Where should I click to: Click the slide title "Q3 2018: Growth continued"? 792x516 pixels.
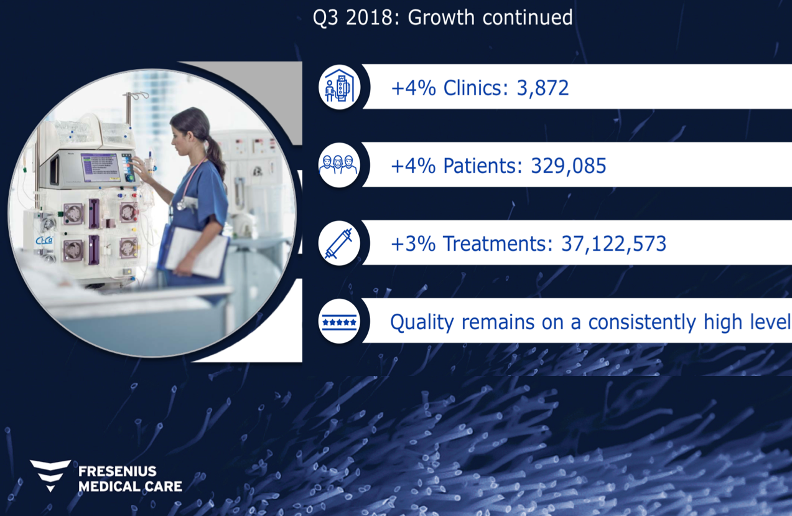click(442, 17)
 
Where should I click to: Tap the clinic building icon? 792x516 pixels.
click(339, 87)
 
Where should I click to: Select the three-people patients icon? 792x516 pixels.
click(338, 165)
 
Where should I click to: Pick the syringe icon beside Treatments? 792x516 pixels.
click(338, 243)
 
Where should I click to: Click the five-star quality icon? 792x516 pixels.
click(339, 322)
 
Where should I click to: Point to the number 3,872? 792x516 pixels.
click(543, 88)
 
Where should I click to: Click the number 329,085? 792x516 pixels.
click(569, 166)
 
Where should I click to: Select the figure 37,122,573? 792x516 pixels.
click(614, 243)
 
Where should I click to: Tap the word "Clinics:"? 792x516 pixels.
click(475, 88)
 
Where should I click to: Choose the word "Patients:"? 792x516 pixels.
click(483, 166)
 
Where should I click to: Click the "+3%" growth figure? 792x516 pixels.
click(413, 243)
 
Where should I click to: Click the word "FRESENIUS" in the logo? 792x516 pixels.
click(118, 471)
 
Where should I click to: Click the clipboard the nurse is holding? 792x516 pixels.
click(197, 251)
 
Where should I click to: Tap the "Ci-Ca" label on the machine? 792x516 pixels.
click(45, 240)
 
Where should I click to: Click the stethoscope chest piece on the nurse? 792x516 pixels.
click(181, 204)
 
